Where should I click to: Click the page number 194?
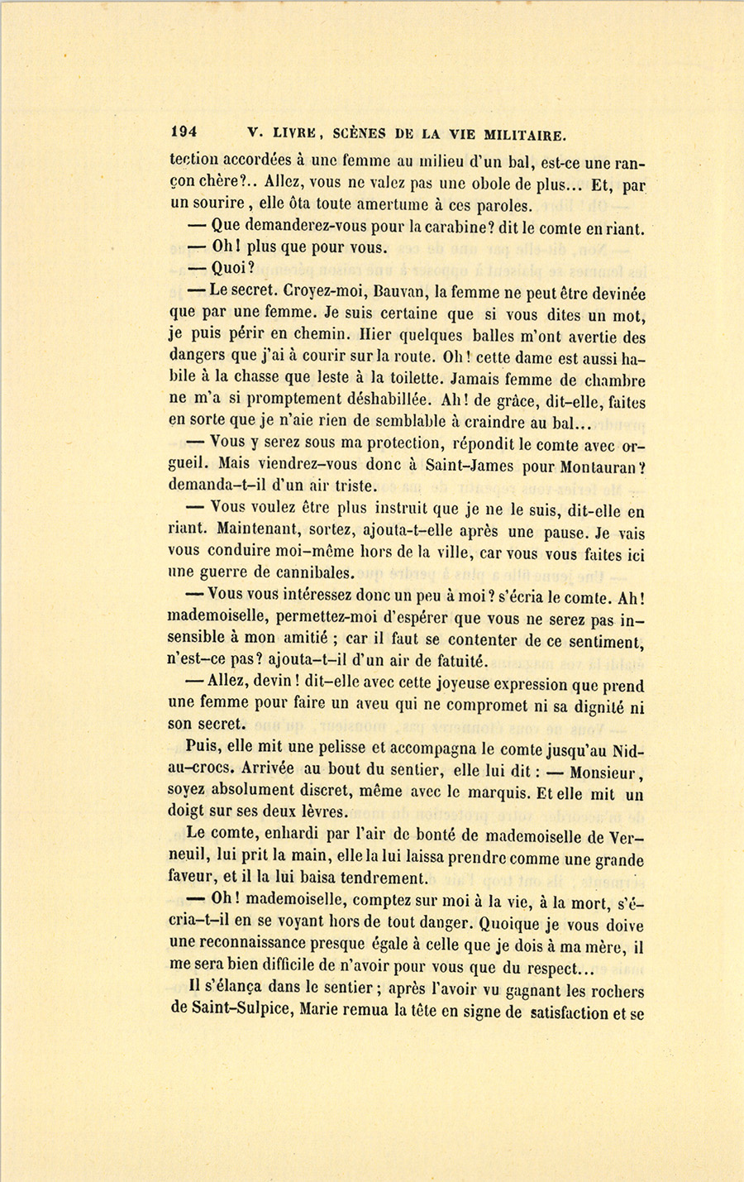point(183,132)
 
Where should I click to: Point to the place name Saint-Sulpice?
point(236,1012)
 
